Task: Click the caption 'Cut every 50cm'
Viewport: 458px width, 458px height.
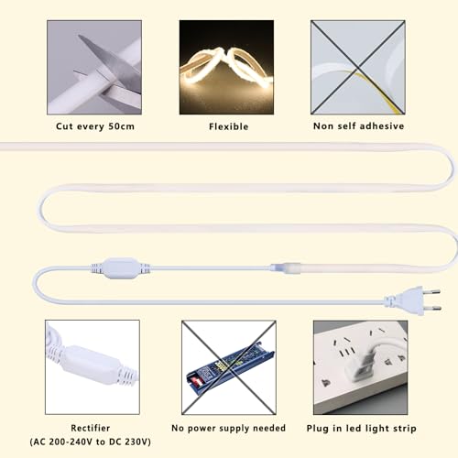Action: pyautogui.click(x=95, y=126)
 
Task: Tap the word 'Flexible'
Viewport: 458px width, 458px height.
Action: pyautogui.click(x=229, y=126)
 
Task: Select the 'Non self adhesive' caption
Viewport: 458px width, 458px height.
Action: pyautogui.click(x=359, y=126)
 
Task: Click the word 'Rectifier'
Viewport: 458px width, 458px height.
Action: pyautogui.click(x=91, y=428)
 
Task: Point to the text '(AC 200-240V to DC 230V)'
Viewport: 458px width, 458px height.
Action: pyautogui.click(x=91, y=442)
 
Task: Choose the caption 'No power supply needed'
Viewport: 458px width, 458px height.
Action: pyautogui.click(x=229, y=428)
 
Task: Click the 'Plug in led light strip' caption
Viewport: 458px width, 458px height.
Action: pyautogui.click(x=362, y=429)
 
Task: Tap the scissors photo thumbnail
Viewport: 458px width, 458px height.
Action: pyautogui.click(x=94, y=68)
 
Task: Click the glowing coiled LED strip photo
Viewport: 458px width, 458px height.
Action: pyautogui.click(x=226, y=68)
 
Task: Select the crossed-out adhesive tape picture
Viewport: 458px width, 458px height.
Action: pyautogui.click(x=358, y=68)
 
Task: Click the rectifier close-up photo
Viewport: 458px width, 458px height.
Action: pyautogui.click(x=93, y=367)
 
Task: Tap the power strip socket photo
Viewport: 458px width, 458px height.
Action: pyautogui.click(x=361, y=367)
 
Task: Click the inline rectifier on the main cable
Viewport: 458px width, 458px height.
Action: pyautogui.click(x=121, y=268)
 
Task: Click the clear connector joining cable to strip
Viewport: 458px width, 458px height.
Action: pyautogui.click(x=286, y=267)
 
